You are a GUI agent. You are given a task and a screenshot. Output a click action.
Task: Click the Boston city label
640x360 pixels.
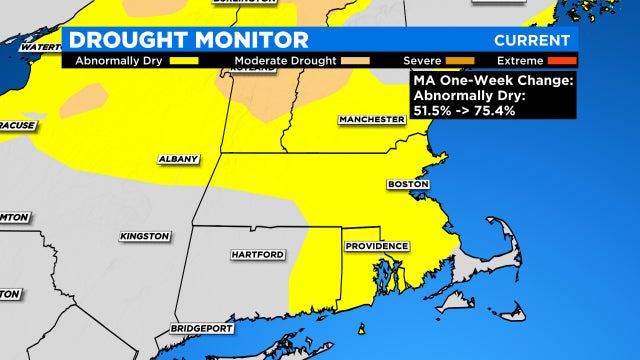pos(408,185)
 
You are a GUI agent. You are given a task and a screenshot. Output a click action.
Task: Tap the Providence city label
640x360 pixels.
pos(376,246)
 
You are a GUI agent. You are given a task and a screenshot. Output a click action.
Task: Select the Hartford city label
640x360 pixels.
pos(257,255)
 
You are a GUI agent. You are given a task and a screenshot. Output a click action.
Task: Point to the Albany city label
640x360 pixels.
pos(179,159)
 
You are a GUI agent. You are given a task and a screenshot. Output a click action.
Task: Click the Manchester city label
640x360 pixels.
pos(371,119)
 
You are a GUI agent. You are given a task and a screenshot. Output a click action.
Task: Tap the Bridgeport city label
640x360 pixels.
pos(202,328)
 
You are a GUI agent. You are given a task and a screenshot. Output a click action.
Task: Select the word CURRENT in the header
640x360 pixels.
pos(533,41)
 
